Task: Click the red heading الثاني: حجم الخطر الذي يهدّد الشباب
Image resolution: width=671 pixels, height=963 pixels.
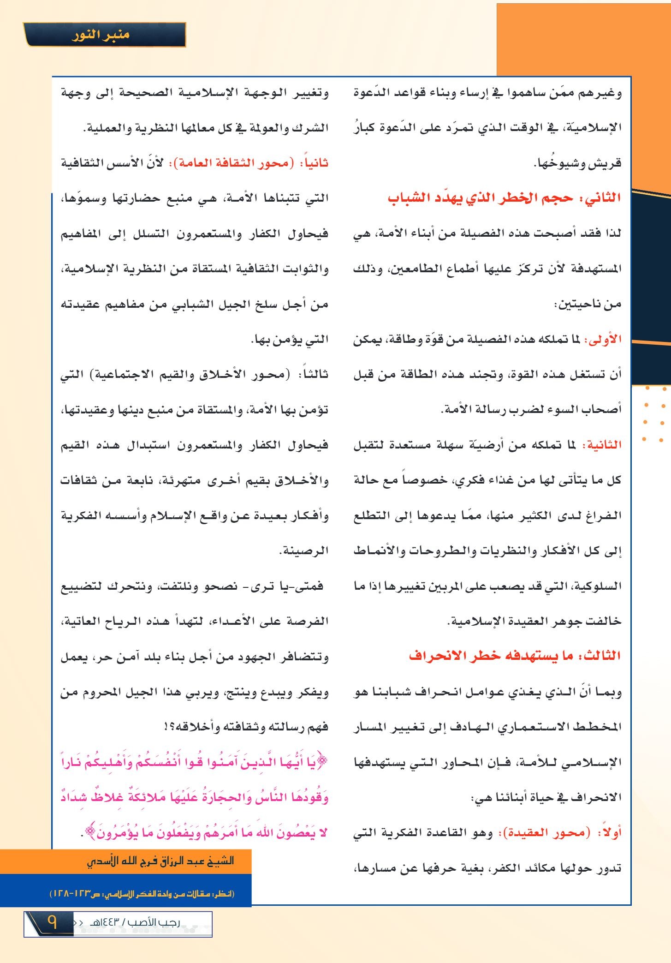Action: pos(504,198)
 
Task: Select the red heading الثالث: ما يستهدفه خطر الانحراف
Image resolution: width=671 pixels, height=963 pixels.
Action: pos(515,656)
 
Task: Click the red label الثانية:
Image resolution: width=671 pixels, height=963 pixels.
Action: pos(601,445)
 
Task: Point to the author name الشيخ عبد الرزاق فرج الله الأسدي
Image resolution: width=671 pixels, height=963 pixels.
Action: pos(160,861)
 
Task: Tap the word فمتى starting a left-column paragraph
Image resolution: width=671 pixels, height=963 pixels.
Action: pos(312,586)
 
